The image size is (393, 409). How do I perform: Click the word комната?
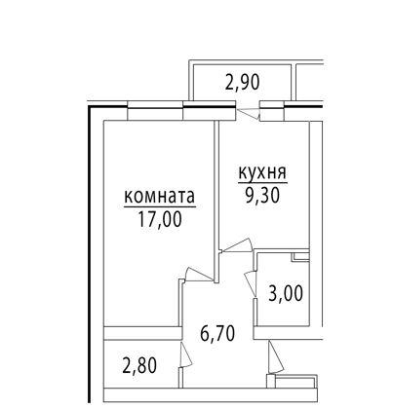coord(159,197)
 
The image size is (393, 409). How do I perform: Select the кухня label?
coord(261,174)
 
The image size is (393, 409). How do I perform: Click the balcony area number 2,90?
coord(242,84)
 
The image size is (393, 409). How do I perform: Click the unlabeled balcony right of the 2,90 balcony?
coord(340,82)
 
